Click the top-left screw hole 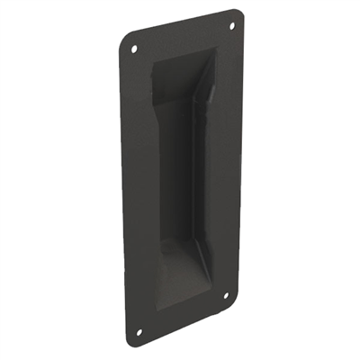135,49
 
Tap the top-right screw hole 230,26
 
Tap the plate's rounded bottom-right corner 232,304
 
